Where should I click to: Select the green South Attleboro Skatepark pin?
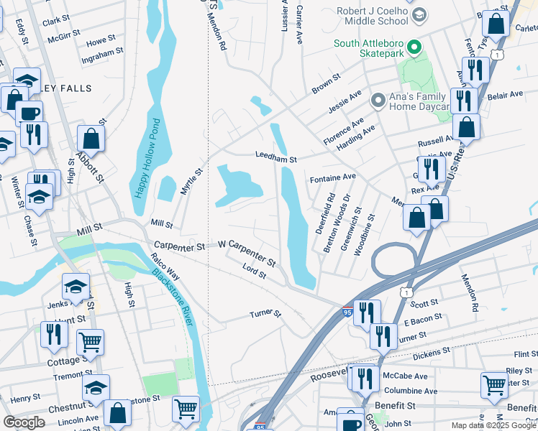(414, 49)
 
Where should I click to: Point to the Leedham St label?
(276, 154)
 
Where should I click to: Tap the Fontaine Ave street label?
(332, 177)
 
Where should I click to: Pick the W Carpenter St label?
(247, 252)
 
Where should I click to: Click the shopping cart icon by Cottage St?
(90, 343)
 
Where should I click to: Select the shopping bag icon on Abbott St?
(91, 138)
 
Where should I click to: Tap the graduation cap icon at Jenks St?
(75, 287)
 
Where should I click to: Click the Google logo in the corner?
(24, 422)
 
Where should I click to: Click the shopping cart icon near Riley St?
(495, 385)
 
